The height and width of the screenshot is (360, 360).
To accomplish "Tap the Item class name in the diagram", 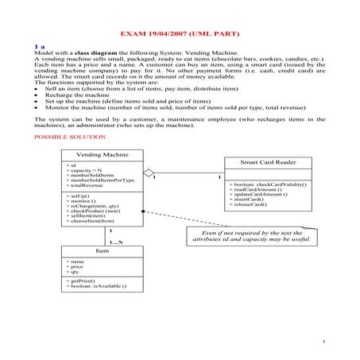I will click(103, 250).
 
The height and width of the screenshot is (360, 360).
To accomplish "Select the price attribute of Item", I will click(76, 265).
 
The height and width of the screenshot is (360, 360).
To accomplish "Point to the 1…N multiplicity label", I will click(116, 241).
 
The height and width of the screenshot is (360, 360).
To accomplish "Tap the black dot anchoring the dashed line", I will click(142, 211).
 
